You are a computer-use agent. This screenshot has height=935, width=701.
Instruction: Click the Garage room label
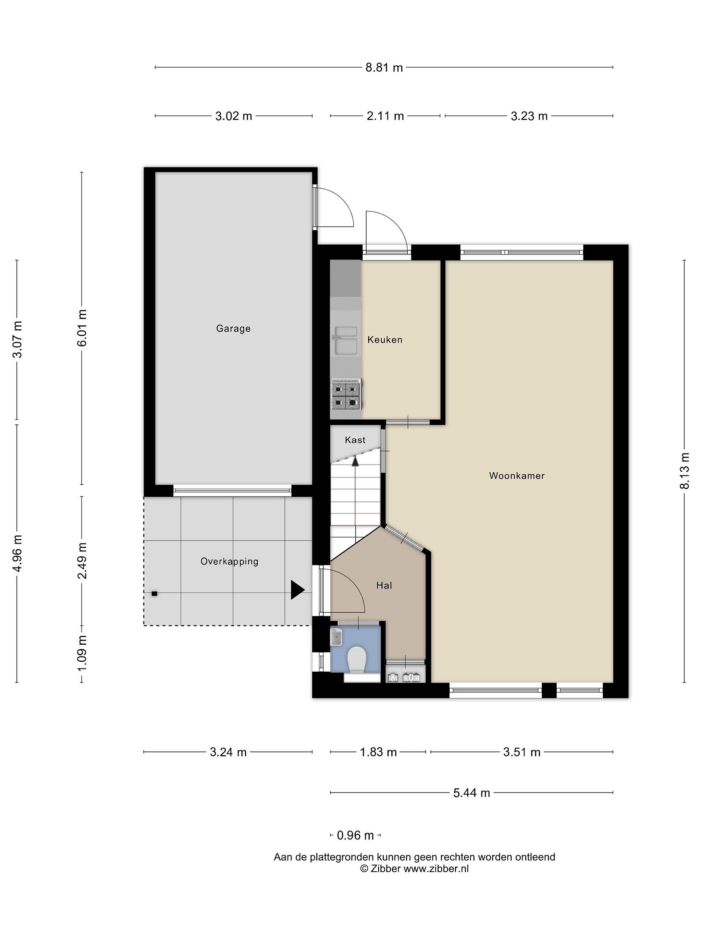point(233,329)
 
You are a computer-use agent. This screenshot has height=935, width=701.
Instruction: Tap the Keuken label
point(385,339)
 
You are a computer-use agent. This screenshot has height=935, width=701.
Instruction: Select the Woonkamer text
point(517,476)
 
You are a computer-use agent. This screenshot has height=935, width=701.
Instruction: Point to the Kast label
point(355,440)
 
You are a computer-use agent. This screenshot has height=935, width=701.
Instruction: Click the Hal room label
point(384,585)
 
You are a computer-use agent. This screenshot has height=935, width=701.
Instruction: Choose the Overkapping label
point(229,562)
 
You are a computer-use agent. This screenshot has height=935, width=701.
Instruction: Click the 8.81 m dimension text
point(384,68)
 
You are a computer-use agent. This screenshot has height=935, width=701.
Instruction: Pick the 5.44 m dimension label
point(472,793)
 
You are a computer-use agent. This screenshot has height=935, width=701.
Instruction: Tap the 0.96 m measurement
point(355,835)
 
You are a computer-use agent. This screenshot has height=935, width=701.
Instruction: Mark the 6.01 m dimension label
point(82,328)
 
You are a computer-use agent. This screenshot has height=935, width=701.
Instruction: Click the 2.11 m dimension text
point(385,116)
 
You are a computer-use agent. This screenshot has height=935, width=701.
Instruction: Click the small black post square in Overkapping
point(155,594)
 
